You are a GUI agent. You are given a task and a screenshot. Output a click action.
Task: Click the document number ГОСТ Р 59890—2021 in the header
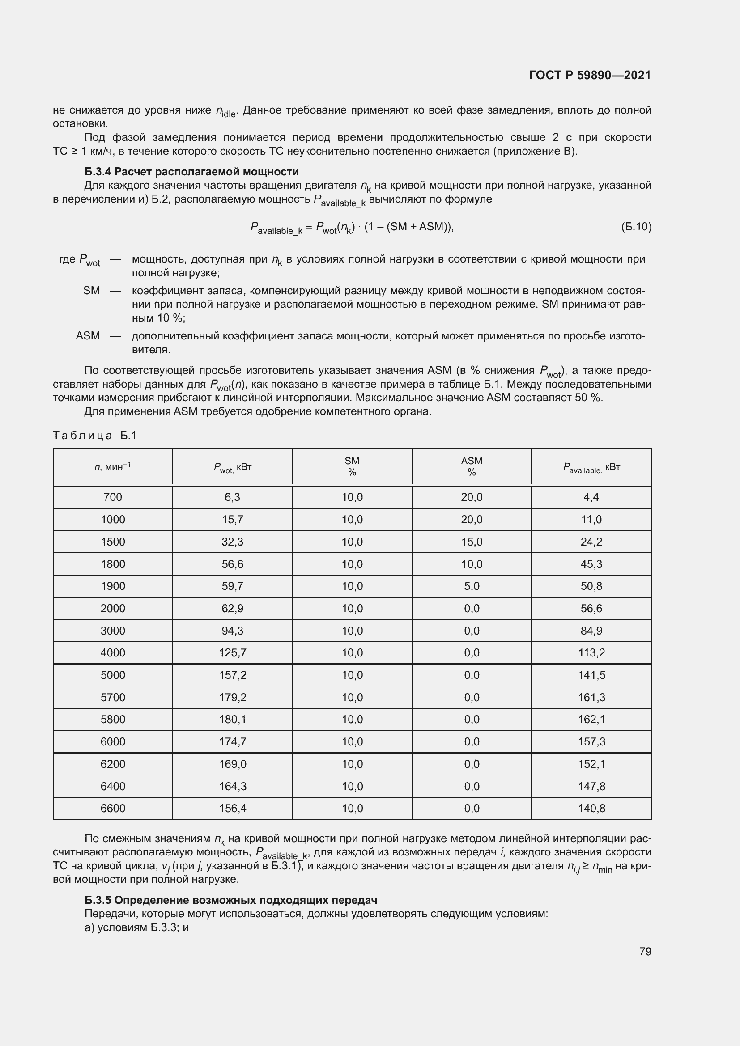point(590,75)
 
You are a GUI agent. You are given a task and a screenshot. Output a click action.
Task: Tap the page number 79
point(645,951)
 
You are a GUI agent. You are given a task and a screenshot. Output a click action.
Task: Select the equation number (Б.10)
point(636,226)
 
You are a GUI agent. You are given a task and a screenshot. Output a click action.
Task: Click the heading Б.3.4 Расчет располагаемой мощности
point(191,172)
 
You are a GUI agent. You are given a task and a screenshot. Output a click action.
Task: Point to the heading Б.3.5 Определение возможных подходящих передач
point(230,900)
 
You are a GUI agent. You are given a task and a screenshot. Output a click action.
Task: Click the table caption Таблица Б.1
point(95,436)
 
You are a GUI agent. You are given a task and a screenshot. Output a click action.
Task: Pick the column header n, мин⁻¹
point(113,466)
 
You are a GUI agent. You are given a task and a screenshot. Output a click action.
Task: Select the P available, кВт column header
point(591,467)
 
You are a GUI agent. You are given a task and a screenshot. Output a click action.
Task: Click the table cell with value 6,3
point(232,497)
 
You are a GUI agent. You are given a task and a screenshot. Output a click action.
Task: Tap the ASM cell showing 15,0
point(472,542)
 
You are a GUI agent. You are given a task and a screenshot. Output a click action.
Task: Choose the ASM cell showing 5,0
point(472,586)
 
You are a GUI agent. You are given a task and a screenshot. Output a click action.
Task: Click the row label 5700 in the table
point(113,697)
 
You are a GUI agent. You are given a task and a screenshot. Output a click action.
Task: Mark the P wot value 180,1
point(232,720)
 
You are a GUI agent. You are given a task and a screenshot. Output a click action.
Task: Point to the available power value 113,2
point(591,653)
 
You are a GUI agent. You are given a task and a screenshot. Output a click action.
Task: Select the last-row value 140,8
point(591,808)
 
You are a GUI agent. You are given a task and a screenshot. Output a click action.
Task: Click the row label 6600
point(113,808)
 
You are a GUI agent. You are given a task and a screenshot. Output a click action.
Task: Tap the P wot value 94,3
point(232,631)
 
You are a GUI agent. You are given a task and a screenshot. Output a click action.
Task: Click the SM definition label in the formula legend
point(91,291)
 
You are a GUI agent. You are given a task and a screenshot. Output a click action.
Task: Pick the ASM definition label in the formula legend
point(88,336)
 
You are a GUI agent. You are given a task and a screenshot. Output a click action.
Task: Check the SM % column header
point(352,466)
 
